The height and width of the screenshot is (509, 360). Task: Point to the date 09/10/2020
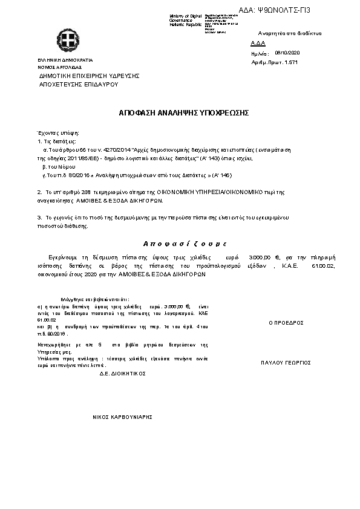(x=287, y=53)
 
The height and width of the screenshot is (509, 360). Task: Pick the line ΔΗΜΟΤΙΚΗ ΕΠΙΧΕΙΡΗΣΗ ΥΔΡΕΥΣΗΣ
(x=90, y=76)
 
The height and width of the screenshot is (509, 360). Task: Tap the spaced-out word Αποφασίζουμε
(x=184, y=243)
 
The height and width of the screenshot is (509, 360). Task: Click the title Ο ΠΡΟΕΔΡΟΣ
(x=286, y=323)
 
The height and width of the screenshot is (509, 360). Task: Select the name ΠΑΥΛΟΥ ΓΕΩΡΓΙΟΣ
(x=286, y=363)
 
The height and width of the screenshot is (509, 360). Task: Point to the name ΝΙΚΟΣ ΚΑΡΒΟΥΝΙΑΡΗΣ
(x=122, y=417)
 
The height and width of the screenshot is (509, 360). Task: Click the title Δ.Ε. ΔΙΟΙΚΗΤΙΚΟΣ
(x=123, y=374)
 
